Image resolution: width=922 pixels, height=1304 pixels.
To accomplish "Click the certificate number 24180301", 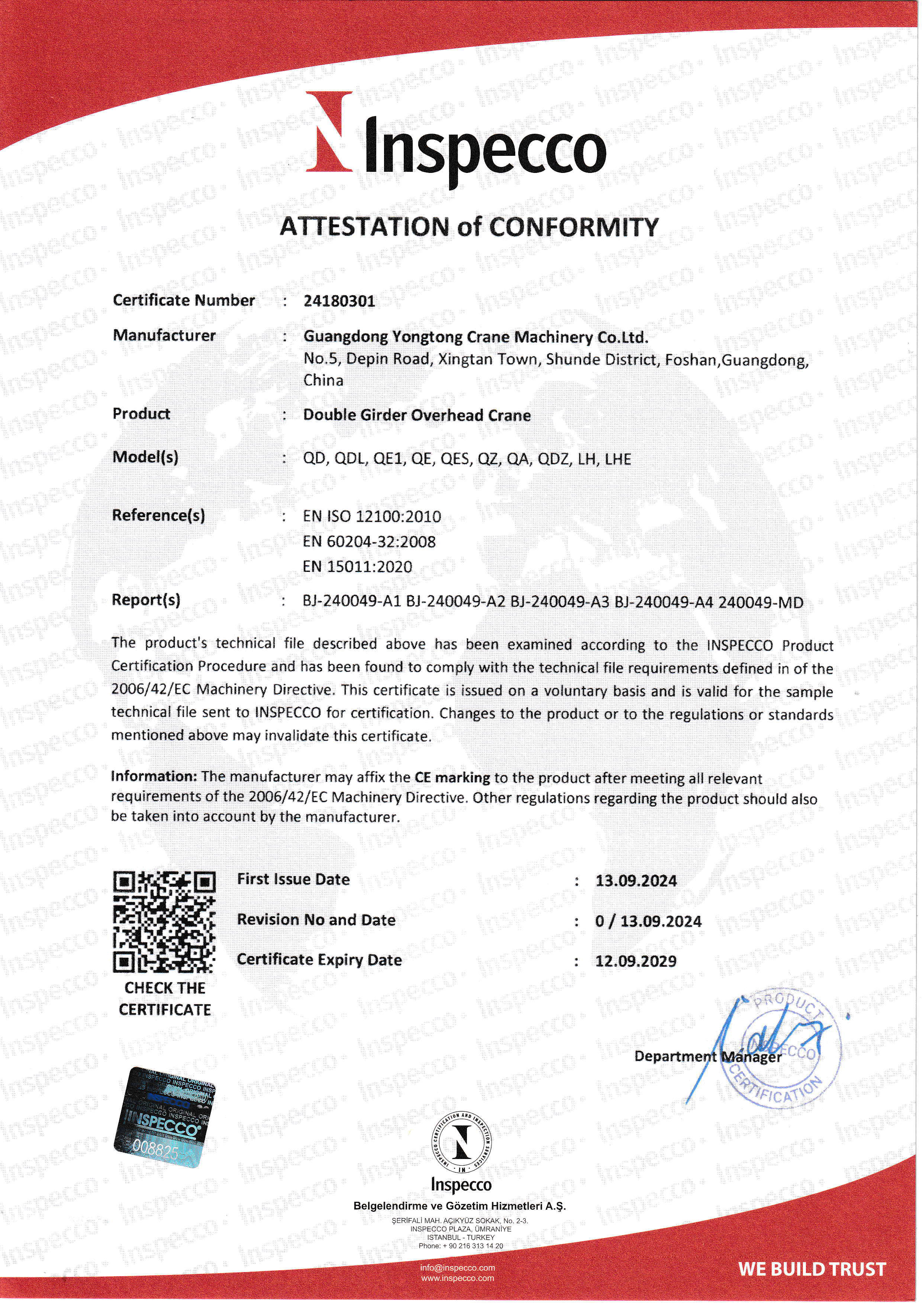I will click(x=339, y=301).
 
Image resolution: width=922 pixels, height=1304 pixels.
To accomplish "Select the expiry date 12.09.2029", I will click(x=636, y=961).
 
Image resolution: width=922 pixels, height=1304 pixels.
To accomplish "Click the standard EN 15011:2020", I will click(x=358, y=566).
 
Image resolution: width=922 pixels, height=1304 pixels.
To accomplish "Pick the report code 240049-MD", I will click(x=761, y=603).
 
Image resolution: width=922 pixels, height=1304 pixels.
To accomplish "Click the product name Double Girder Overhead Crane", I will click(x=417, y=415).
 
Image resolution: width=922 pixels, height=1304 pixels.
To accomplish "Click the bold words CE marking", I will click(x=452, y=777).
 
